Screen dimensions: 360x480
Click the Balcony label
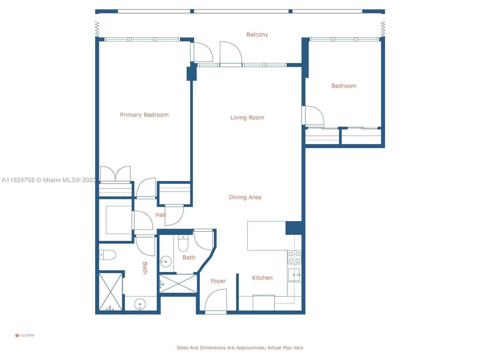point(257,34)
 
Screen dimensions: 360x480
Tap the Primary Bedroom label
point(144,115)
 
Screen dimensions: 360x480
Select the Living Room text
point(247,118)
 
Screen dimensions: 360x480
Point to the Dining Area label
point(245,197)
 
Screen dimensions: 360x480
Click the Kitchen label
point(262,278)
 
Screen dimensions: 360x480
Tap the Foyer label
point(218,281)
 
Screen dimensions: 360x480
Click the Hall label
point(160,215)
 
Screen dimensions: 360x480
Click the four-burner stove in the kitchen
point(294,257)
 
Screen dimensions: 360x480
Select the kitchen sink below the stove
point(294,275)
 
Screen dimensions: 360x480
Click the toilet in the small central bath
point(183,244)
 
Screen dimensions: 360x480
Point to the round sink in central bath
point(165,262)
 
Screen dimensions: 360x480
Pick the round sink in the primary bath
point(140,304)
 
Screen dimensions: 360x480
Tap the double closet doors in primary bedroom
point(115,174)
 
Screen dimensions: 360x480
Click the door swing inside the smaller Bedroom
point(314,115)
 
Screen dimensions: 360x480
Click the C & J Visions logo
point(25,335)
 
